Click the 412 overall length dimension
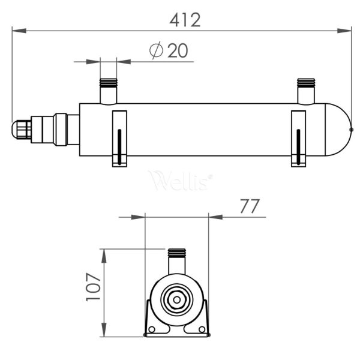point(185,20)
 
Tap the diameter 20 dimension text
point(169,50)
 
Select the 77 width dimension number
point(250,206)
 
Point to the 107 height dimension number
point(93,287)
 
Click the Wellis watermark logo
point(181,181)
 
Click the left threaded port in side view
point(109,91)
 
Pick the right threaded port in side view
point(306,91)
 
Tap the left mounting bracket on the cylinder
point(119,139)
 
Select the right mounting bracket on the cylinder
point(298,139)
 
